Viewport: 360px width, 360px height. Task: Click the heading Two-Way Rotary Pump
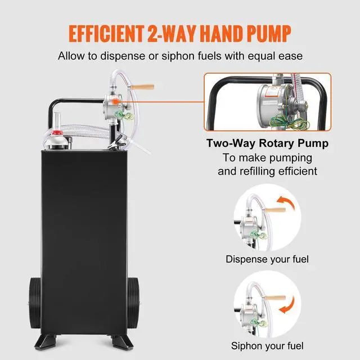pyautogui.click(x=267, y=143)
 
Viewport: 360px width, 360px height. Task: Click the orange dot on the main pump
pyautogui.click(x=110, y=102)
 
